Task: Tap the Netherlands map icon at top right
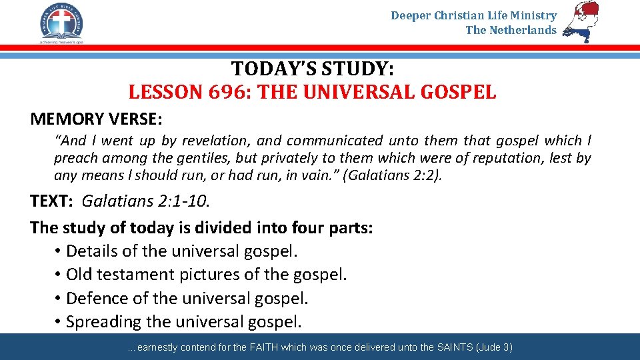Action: click(580, 21)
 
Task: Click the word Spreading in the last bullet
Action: click(103, 321)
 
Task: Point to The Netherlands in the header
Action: click(511, 30)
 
